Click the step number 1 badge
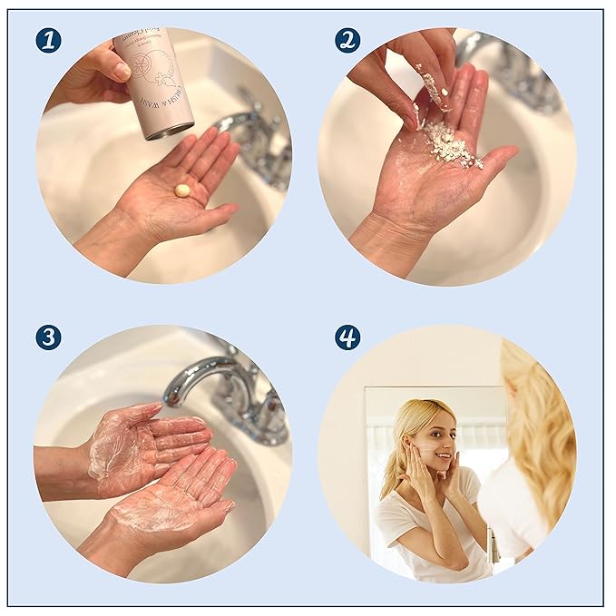coord(48,40)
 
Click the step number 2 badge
coord(347,40)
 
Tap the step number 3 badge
coord(48,337)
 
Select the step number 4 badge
coord(347,337)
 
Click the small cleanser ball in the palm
coord(182,191)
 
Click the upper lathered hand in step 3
coord(150,445)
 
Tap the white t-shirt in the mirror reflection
coord(426,526)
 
